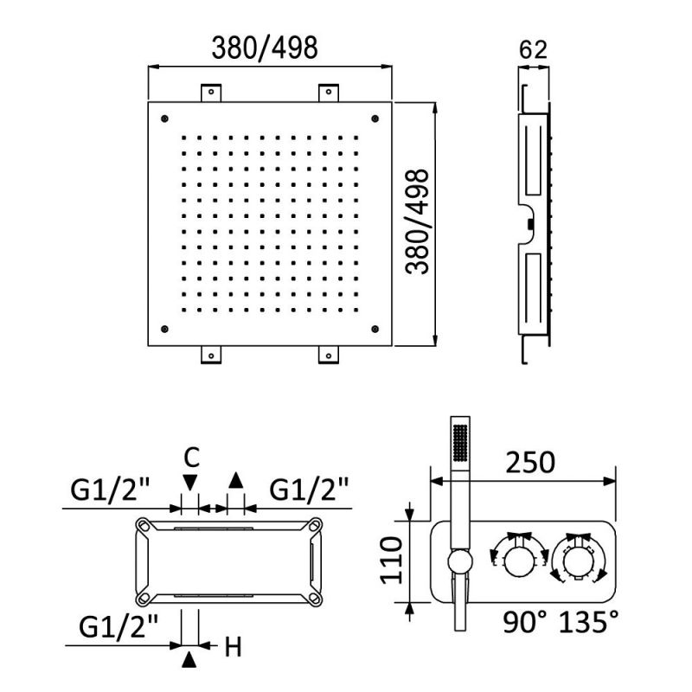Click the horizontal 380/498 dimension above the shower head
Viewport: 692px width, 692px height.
(x=265, y=48)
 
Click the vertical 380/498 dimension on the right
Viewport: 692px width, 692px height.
(x=417, y=221)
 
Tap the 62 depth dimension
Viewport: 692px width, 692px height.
(x=533, y=50)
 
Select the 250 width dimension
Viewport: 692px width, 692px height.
(x=530, y=463)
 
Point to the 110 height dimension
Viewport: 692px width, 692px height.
(x=392, y=560)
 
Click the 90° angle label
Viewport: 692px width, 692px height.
(x=525, y=621)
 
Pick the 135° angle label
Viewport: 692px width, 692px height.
(x=589, y=621)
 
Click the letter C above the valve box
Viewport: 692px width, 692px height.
(x=191, y=458)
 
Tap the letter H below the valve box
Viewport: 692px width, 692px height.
(x=233, y=647)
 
